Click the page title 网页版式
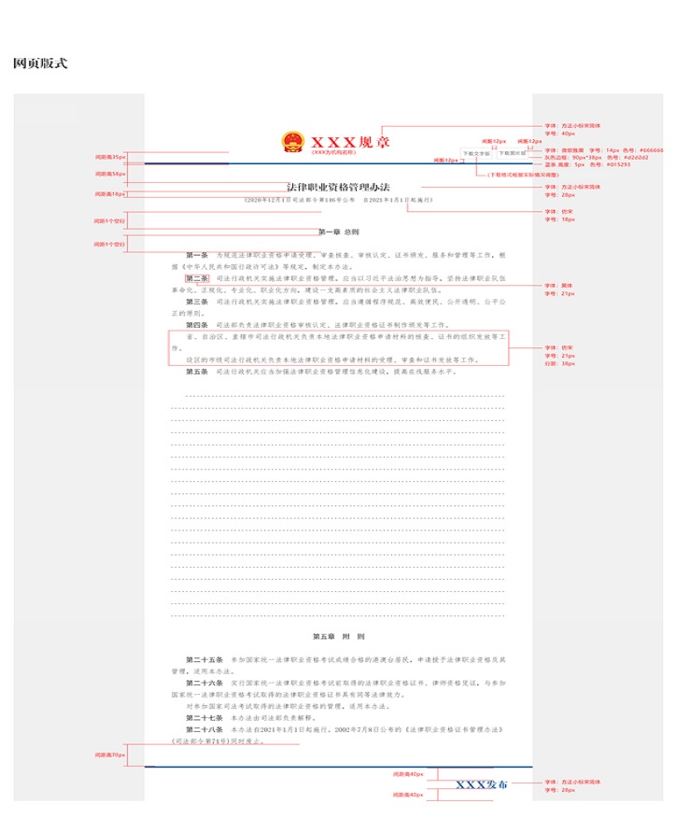(x=40, y=63)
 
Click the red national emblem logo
(x=292, y=142)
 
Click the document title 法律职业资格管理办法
(x=338, y=188)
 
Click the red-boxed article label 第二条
(x=197, y=278)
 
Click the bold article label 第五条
(x=197, y=372)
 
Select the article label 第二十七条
(x=204, y=716)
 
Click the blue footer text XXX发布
(x=482, y=784)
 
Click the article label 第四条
(x=197, y=324)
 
